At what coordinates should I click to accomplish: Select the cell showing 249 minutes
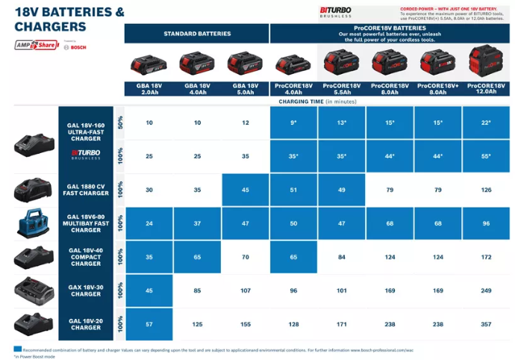(485, 291)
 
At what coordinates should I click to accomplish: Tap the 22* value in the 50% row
(485, 122)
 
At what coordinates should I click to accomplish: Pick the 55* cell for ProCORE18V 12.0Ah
(485, 156)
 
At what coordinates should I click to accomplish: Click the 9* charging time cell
(293, 122)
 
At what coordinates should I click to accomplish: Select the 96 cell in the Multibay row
(485, 223)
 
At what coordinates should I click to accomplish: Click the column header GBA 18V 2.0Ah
(149, 88)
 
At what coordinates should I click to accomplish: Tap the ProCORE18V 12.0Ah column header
(485, 88)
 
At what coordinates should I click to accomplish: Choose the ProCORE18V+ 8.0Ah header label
(437, 88)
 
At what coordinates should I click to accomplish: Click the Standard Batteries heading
(197, 34)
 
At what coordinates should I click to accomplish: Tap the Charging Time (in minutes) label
(319, 100)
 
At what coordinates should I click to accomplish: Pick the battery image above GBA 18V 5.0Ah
(246, 64)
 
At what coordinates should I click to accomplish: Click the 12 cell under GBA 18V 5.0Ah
(246, 122)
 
